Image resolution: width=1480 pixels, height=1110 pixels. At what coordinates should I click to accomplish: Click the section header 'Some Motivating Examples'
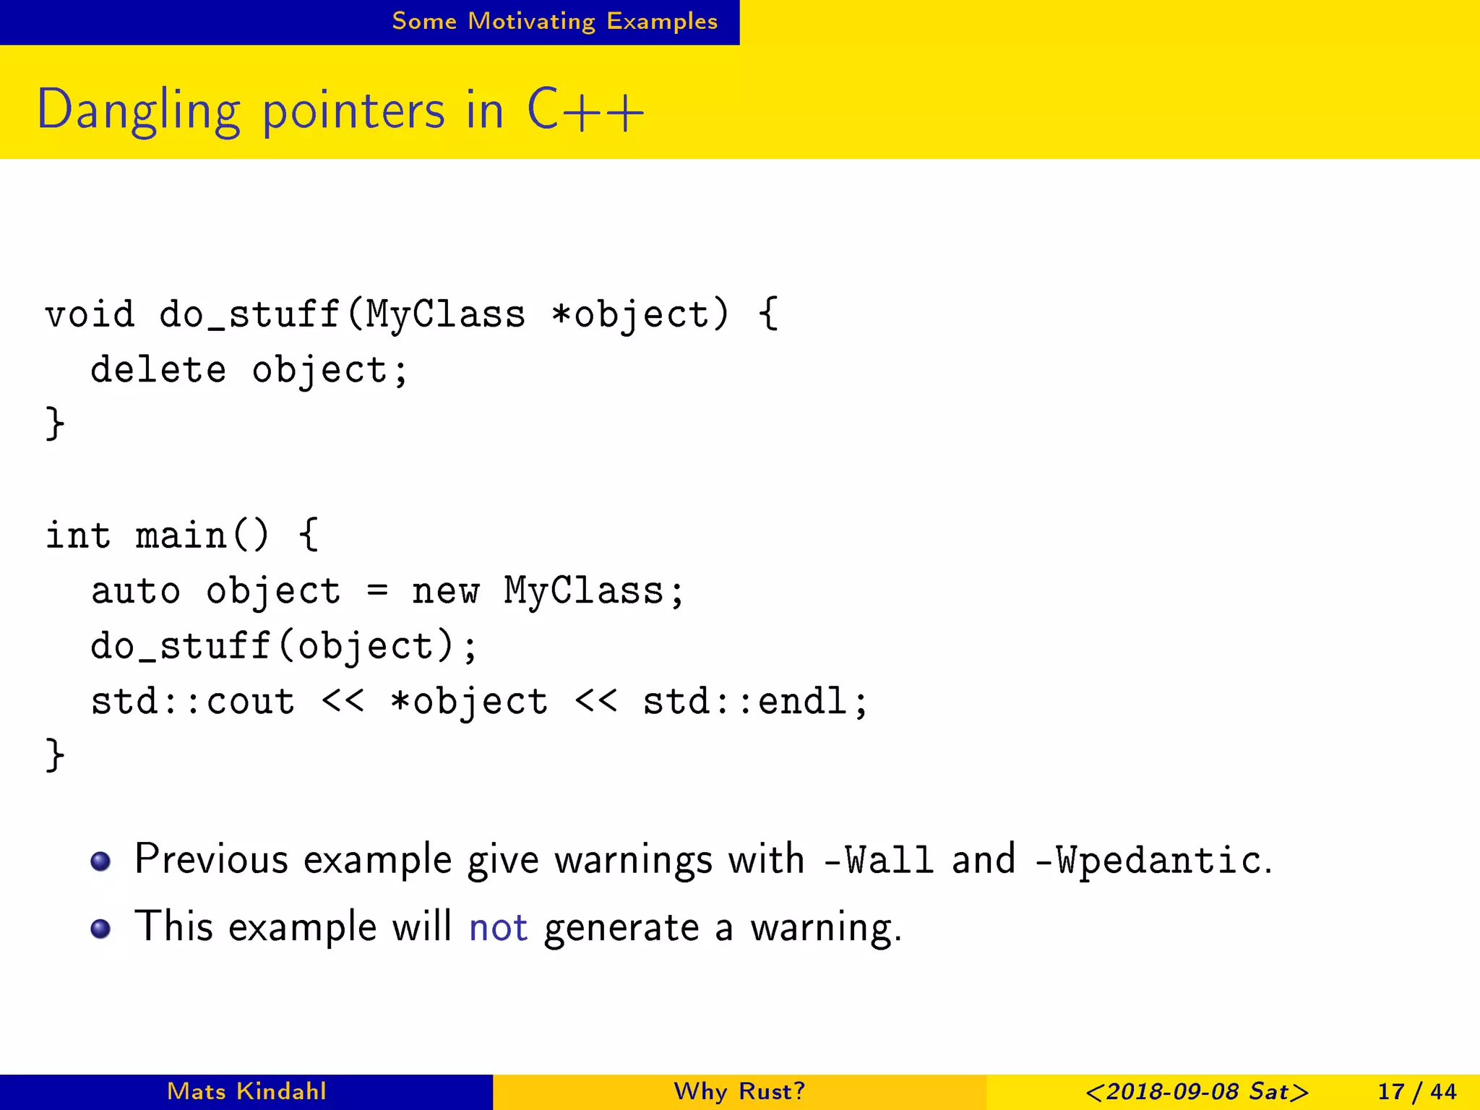click(x=554, y=21)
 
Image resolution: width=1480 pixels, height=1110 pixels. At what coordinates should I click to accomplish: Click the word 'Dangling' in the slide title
click(x=138, y=111)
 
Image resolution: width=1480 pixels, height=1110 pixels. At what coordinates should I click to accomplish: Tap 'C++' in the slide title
click(x=585, y=111)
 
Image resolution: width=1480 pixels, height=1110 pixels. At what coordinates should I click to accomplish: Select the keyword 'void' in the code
click(x=90, y=315)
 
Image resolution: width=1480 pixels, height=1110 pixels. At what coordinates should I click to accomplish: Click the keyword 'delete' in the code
click(x=158, y=370)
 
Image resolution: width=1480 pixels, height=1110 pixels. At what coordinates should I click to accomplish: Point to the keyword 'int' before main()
click(x=78, y=535)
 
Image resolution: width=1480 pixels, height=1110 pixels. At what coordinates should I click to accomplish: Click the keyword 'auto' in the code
click(x=135, y=591)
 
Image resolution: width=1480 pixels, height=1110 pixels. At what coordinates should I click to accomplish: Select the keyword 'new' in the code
click(x=444, y=591)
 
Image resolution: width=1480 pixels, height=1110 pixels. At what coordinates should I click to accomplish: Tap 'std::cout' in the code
click(x=193, y=702)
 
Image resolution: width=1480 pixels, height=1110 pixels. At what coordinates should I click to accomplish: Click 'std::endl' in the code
click(x=744, y=702)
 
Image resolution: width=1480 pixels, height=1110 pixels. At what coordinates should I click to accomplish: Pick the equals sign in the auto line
click(x=377, y=591)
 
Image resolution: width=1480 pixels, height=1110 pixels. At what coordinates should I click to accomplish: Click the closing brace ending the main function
click(x=55, y=755)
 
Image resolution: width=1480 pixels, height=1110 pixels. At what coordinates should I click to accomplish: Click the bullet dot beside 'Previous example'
click(x=100, y=861)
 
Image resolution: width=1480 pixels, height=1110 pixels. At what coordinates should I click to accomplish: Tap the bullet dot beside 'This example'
click(x=100, y=928)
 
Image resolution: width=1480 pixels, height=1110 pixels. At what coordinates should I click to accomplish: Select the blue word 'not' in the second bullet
click(x=498, y=927)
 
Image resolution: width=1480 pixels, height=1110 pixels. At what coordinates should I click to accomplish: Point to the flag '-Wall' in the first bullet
click(x=878, y=860)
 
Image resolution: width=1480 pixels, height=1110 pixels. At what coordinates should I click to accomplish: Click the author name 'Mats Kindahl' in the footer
click(x=246, y=1091)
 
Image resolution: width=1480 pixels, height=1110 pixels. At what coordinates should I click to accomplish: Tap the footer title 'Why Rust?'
click(x=739, y=1091)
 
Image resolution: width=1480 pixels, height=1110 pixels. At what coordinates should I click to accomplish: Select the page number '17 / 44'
click(x=1416, y=1091)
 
